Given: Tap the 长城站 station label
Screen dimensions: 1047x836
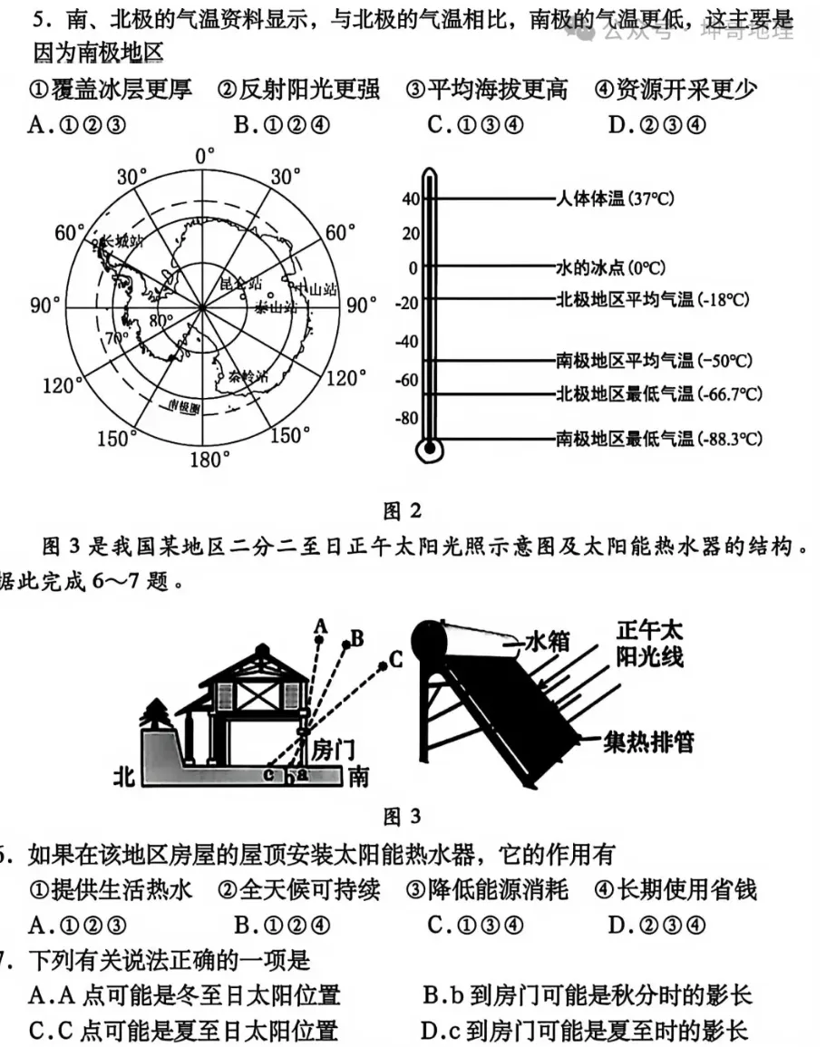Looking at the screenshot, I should click(122, 242).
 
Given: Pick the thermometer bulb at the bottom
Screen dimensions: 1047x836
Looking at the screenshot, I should click(426, 447).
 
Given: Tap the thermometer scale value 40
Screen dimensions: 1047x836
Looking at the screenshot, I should click(410, 199).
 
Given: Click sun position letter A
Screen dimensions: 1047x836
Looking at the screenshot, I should click(319, 625).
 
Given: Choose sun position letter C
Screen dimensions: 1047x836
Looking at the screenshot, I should click(395, 660).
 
